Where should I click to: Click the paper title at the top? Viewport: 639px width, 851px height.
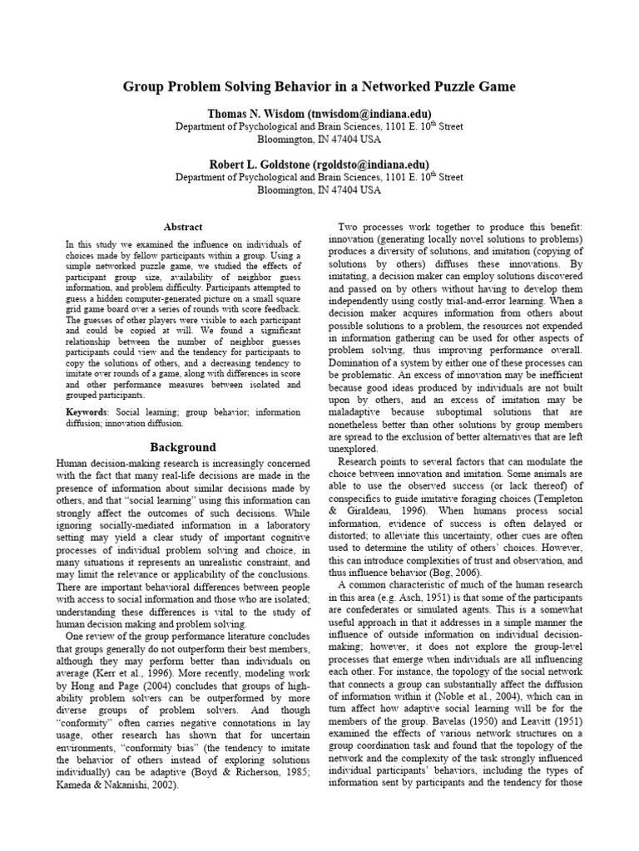(319, 86)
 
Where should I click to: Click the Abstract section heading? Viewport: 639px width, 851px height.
(182, 226)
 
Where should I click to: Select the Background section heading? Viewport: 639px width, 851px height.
(182, 447)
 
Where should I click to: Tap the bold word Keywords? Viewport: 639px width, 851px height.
(87, 412)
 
